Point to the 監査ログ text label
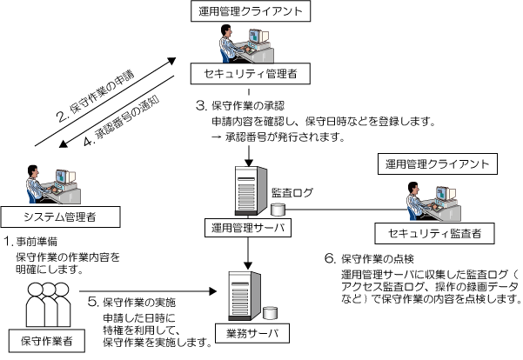tap(286, 192)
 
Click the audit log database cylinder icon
tap(278, 209)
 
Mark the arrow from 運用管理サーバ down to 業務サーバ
tap(250, 251)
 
